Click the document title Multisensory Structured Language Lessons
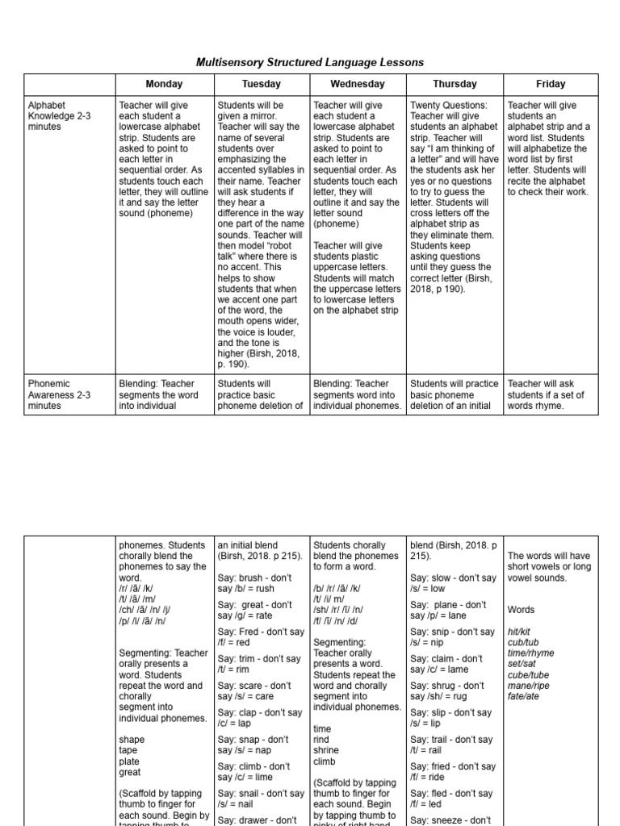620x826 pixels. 311,62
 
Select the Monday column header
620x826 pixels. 164,84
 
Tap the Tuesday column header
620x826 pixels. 261,84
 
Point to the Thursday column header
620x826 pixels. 455,84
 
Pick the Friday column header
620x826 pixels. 551,84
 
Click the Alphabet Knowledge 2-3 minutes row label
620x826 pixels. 59,115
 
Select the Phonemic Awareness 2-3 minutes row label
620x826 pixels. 60,394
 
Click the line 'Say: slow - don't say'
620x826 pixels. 453,578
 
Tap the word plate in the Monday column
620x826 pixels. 129,761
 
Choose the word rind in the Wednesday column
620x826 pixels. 322,739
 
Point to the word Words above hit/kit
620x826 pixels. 521,610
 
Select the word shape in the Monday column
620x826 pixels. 131,739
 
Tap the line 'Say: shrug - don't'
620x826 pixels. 447,686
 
